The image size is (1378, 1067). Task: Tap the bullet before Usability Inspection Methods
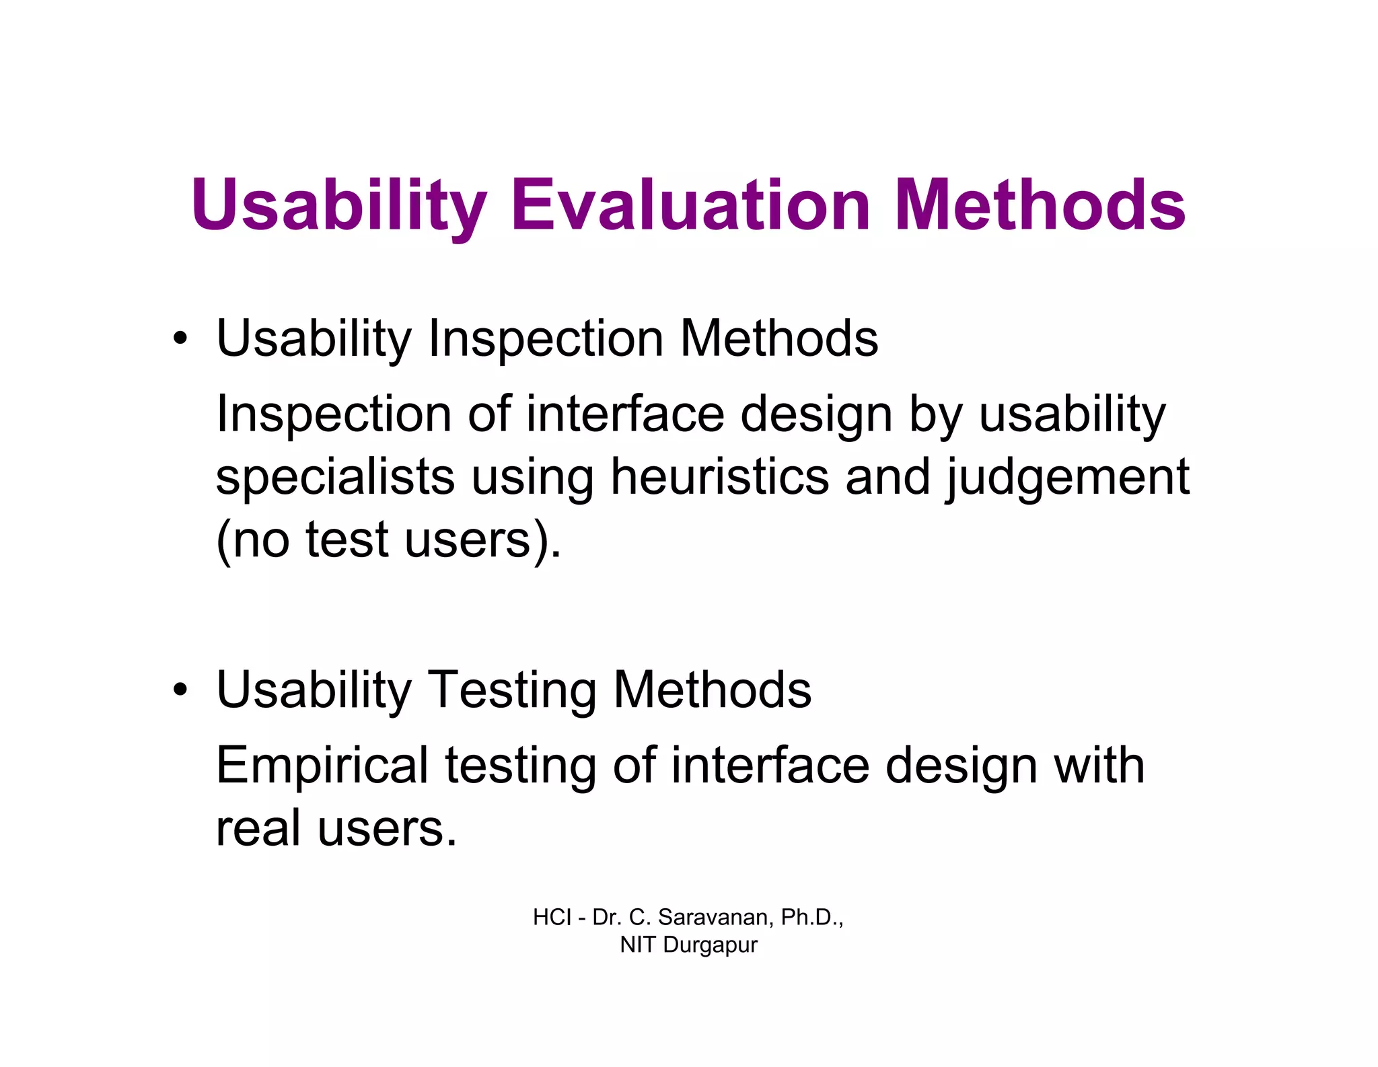(180, 338)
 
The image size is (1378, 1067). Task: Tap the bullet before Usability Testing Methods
(180, 690)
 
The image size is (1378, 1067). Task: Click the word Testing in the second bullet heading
(513, 691)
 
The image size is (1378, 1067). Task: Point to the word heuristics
(719, 477)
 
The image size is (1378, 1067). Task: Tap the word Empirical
(322, 767)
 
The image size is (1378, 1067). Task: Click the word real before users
(258, 828)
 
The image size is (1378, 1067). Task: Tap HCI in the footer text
(552, 918)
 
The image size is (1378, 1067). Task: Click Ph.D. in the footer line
(811, 918)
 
